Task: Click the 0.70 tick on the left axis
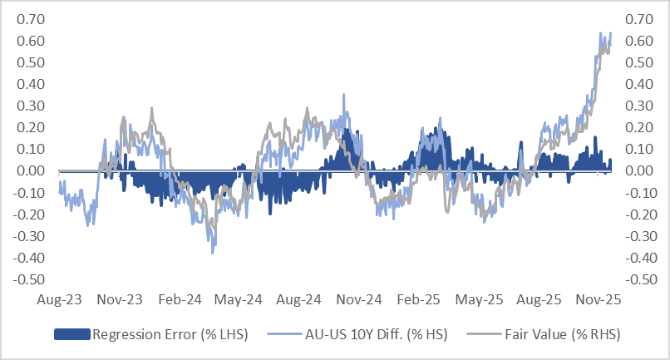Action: click(x=30, y=19)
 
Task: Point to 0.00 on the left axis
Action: click(x=30, y=171)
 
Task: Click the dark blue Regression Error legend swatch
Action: click(x=71, y=335)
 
